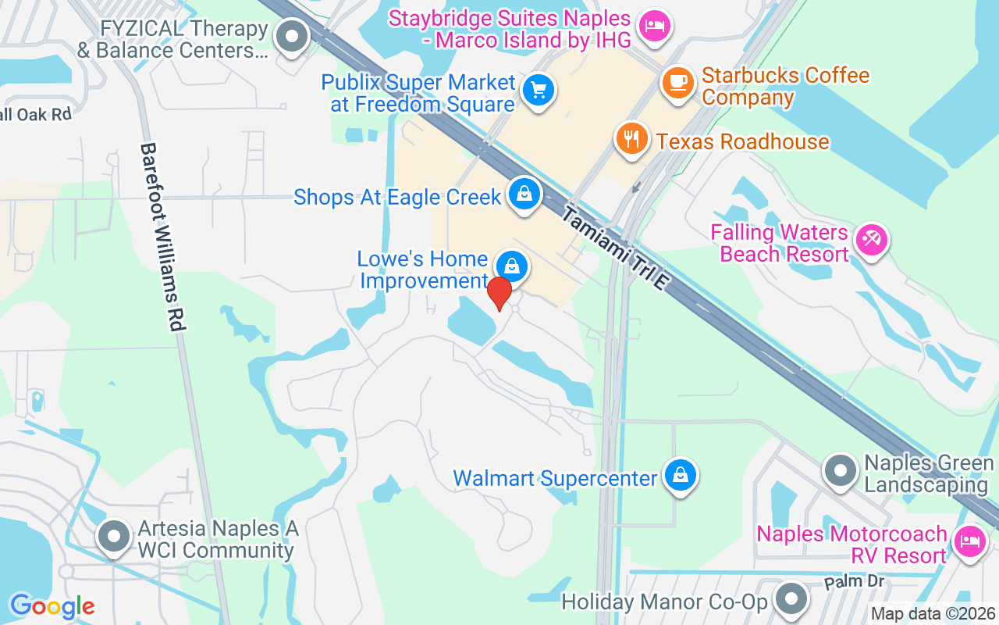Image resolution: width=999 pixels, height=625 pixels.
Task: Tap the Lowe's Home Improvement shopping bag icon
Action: point(511,267)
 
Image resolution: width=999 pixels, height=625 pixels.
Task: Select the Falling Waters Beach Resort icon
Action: point(871,239)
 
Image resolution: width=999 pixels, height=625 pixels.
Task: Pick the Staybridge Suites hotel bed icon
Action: point(653,27)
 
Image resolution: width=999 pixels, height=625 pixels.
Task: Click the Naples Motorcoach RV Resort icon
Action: point(970,541)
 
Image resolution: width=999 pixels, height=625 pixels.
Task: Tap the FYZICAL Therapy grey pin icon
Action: point(293,36)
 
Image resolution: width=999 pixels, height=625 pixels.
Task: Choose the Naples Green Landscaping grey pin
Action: point(841,471)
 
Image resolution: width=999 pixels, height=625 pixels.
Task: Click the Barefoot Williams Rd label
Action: point(164,237)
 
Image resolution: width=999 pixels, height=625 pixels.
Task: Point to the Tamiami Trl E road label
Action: point(616,249)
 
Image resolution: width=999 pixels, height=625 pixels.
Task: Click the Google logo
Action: point(52,606)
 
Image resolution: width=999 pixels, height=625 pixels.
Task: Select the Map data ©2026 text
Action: point(933,614)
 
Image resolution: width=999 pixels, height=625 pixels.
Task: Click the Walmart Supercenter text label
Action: point(555,478)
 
